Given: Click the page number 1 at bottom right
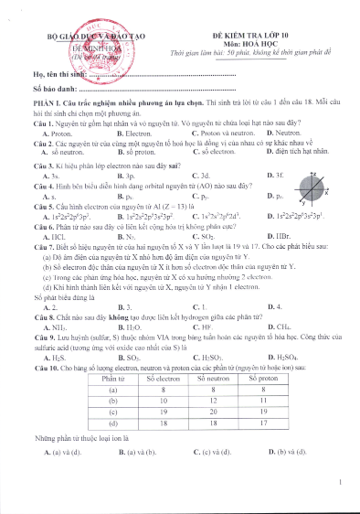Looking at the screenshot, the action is coord(340,482).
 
